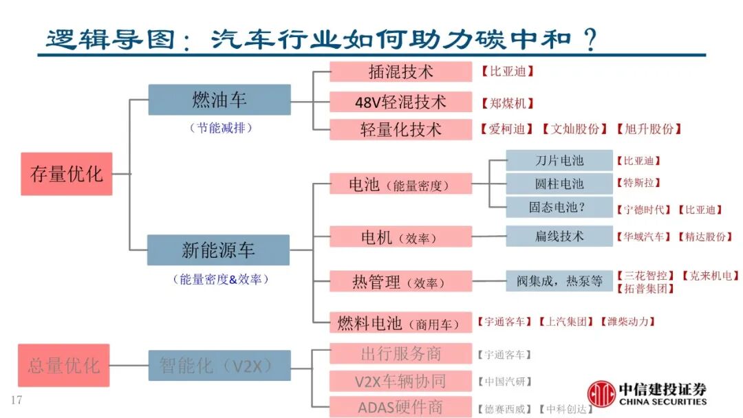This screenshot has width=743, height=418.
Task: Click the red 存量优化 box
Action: [x=66, y=174]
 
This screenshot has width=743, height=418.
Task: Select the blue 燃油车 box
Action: [x=219, y=100]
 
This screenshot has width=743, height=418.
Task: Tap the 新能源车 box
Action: [x=218, y=250]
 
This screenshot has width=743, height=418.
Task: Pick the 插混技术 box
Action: [x=400, y=71]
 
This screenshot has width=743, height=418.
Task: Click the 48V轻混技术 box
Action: [x=400, y=102]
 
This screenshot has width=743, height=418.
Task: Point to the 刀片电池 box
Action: [x=559, y=160]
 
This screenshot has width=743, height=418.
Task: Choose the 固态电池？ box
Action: [x=559, y=207]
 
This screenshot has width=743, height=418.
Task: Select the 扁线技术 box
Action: [x=559, y=236]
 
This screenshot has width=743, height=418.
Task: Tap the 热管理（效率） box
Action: [x=400, y=281]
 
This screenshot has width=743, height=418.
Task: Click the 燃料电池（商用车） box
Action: [x=400, y=322]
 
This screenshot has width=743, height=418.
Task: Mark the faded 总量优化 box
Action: [x=64, y=365]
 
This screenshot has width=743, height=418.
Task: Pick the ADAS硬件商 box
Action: [x=400, y=407]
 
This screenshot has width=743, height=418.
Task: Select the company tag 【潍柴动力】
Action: [x=627, y=321]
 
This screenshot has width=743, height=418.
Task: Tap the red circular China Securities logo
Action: [x=601, y=394]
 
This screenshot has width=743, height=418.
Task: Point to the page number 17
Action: [x=17, y=400]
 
